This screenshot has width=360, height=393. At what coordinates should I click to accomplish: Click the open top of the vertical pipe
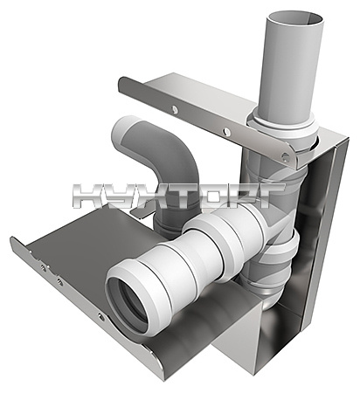pos(295,19)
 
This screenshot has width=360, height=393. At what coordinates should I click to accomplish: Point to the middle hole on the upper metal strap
pos(226,133)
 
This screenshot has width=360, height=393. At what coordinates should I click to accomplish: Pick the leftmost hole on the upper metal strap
pos(174,109)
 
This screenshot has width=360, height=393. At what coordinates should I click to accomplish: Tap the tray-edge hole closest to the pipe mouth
pos(100,316)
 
